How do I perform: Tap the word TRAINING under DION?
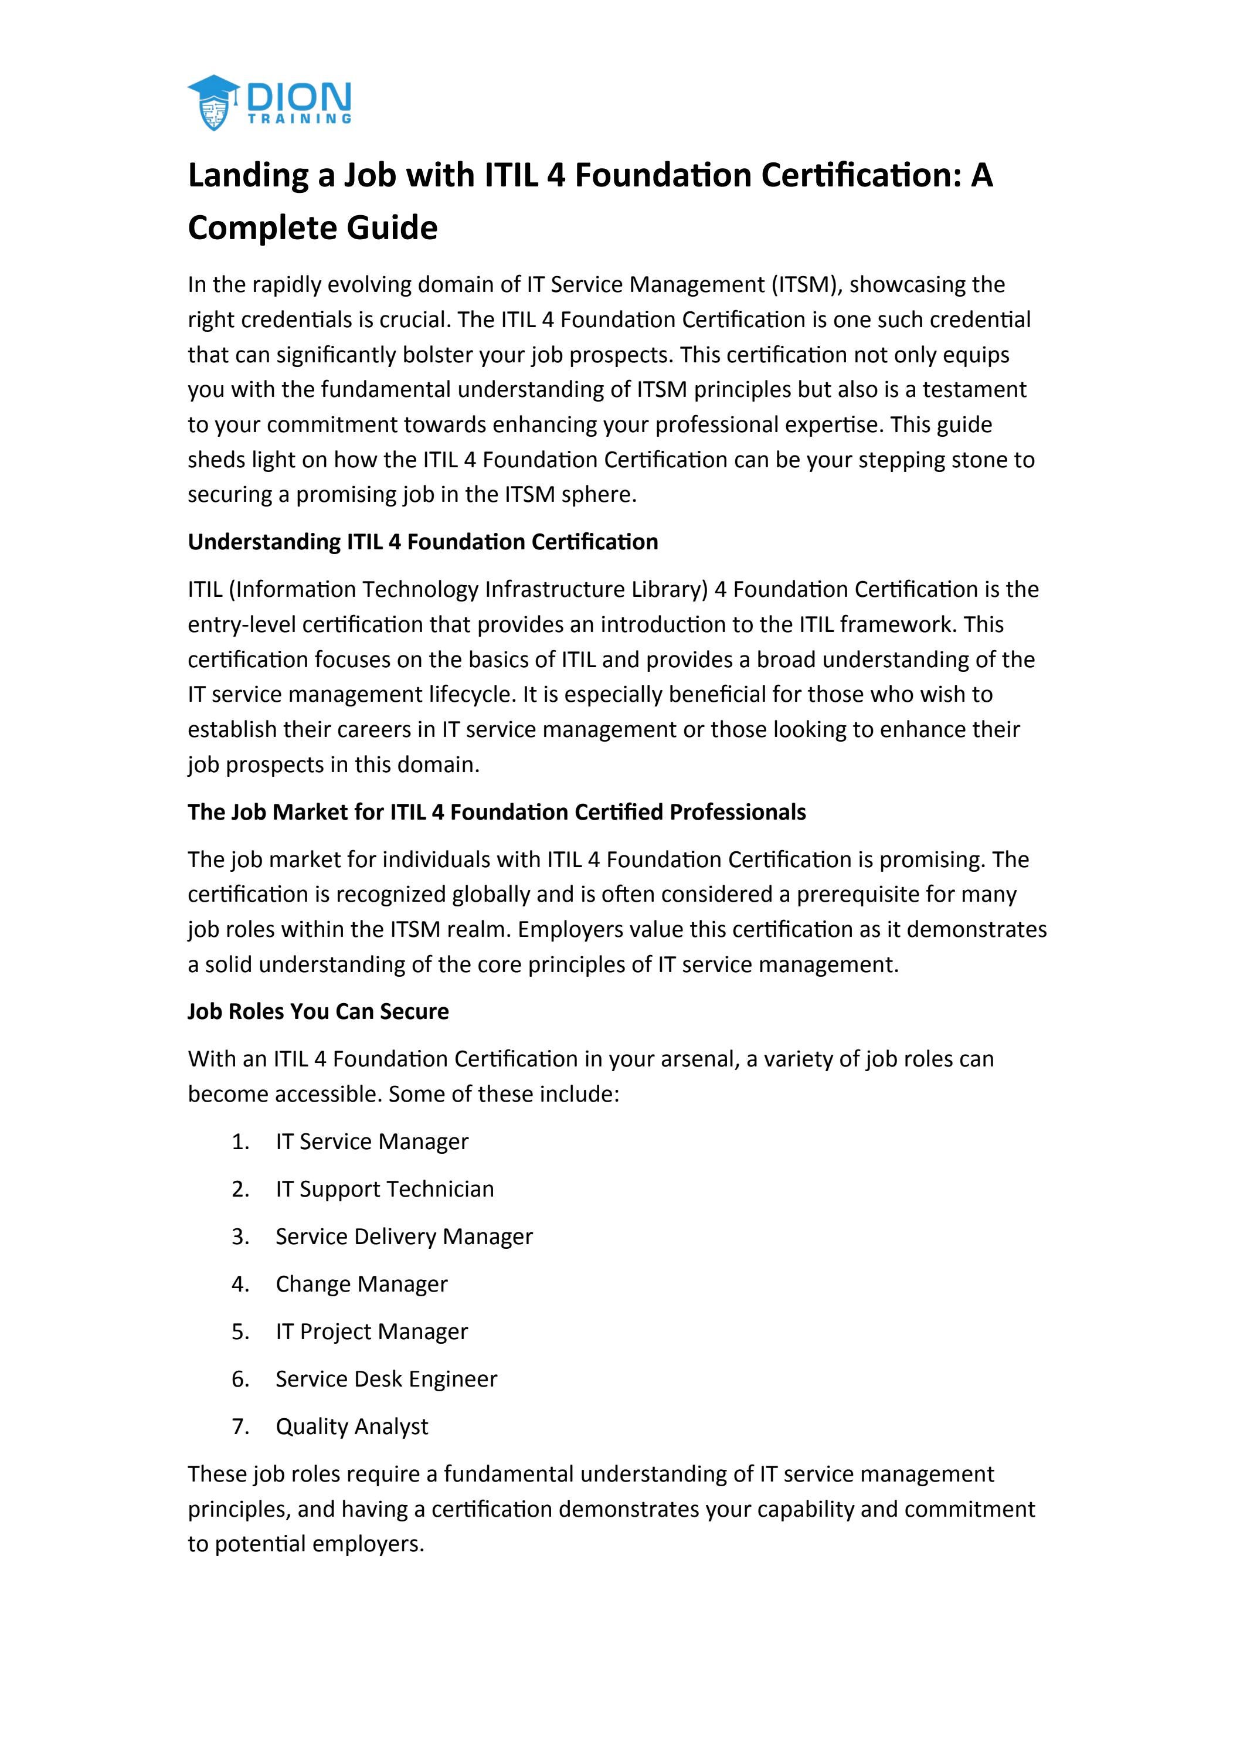(300, 119)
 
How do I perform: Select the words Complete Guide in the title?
(312, 228)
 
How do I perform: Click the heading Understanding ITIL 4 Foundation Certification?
(422, 542)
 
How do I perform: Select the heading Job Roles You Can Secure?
(318, 1012)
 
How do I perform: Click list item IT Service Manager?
(372, 1142)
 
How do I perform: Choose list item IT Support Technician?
(385, 1189)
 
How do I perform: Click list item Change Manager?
(361, 1284)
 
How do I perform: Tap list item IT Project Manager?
(371, 1331)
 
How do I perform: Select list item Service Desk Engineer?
(386, 1379)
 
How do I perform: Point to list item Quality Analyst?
(351, 1426)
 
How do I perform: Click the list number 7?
(240, 1426)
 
